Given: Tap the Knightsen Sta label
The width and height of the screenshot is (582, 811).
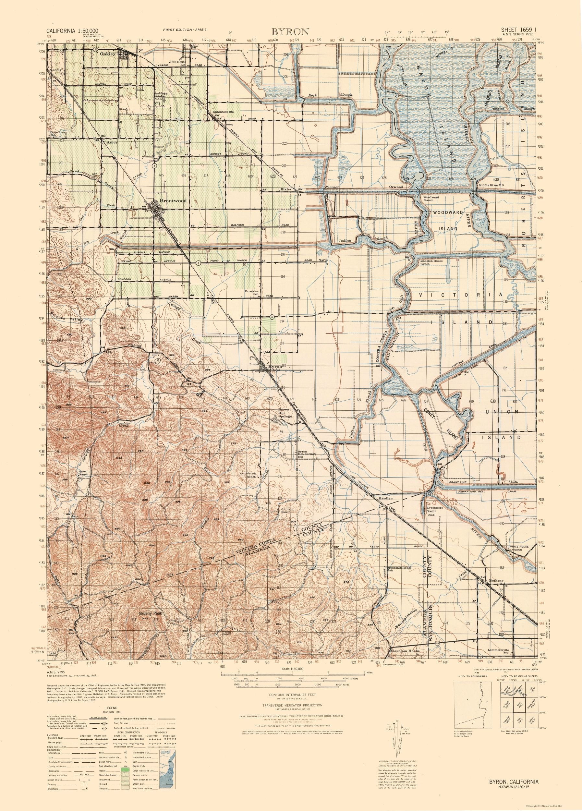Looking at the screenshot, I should coord(223,112).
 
